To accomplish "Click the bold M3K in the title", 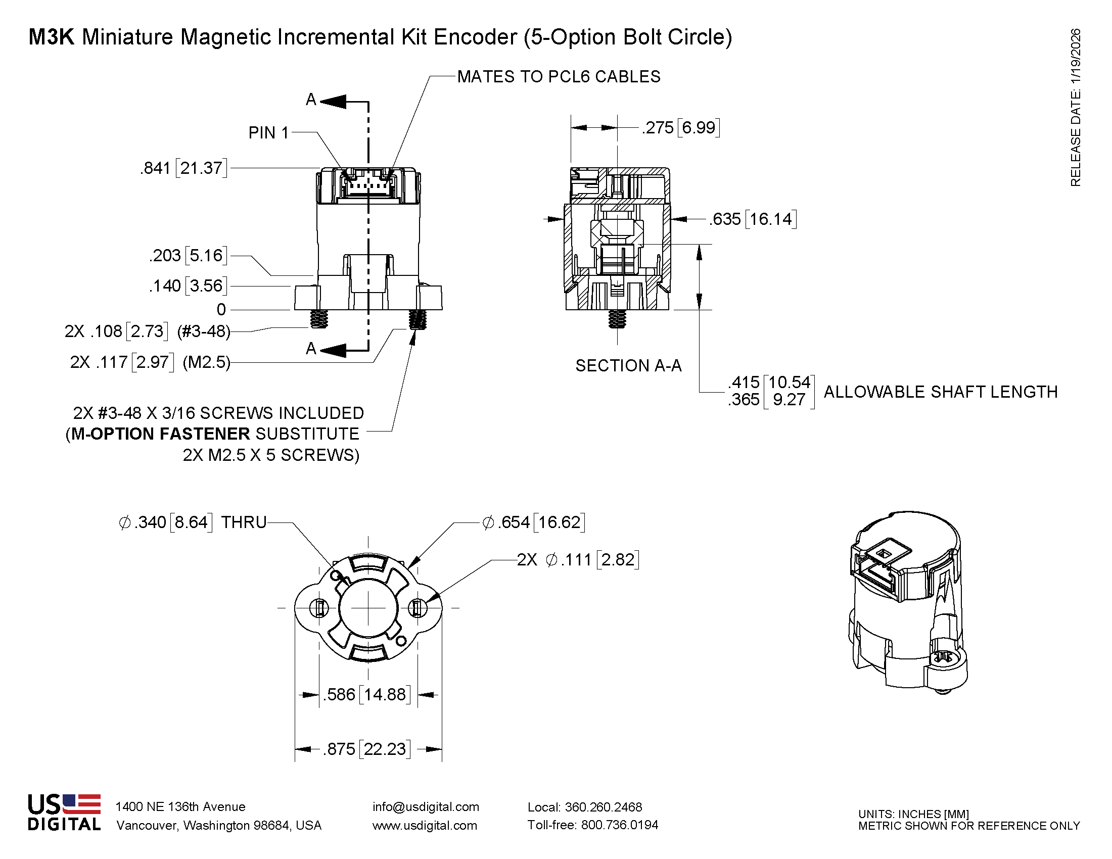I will click(x=52, y=37).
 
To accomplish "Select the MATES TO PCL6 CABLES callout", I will click(x=558, y=77).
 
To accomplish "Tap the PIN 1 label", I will click(x=268, y=133).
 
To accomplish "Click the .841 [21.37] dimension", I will click(x=183, y=168).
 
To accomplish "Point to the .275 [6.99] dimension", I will click(x=680, y=128).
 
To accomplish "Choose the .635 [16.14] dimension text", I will click(x=753, y=219).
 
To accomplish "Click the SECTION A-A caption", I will click(x=628, y=365).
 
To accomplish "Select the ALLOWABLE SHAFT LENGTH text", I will click(x=941, y=392).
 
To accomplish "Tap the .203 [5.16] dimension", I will click(x=188, y=255).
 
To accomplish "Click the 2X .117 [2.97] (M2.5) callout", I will click(x=150, y=362).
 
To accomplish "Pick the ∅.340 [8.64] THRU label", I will click(x=192, y=522).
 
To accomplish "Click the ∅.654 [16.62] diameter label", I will click(x=533, y=522).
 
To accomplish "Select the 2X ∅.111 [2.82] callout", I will click(x=578, y=560).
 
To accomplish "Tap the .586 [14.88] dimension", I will click(x=366, y=695).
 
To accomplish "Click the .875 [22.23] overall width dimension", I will click(x=366, y=749).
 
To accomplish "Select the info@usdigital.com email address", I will click(x=426, y=806).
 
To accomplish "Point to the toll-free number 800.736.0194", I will click(x=619, y=825).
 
